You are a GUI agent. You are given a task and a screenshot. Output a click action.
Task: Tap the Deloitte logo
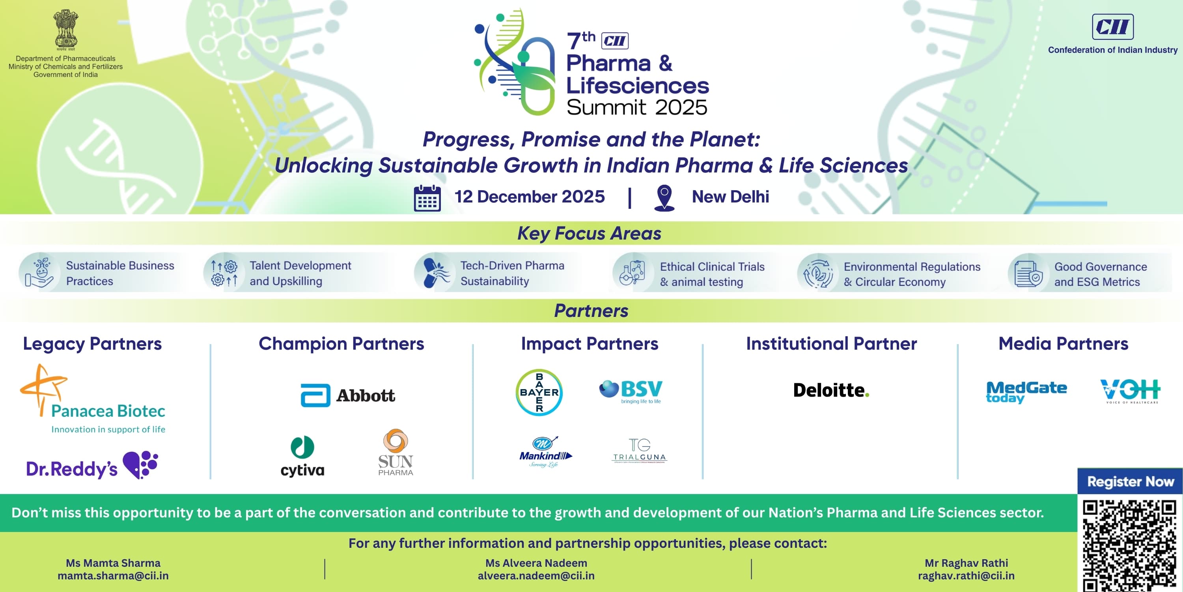pyautogui.click(x=831, y=390)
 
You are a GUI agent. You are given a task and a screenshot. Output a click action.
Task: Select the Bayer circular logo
pyautogui.click(x=539, y=392)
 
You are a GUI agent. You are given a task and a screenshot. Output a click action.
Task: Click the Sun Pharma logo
pyautogui.click(x=396, y=452)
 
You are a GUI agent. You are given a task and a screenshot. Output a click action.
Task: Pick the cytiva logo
pyautogui.click(x=302, y=456)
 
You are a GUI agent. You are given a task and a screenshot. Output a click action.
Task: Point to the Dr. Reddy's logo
pyautogui.click(x=92, y=466)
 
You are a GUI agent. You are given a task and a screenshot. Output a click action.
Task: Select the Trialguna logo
pyautogui.click(x=639, y=450)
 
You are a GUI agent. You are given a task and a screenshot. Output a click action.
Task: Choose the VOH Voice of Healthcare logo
pyautogui.click(x=1130, y=392)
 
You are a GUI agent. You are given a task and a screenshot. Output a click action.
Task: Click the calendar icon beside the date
pyautogui.click(x=427, y=199)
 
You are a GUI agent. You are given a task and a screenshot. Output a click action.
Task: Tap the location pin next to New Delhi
pyautogui.click(x=664, y=198)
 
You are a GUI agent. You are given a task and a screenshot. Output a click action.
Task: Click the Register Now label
pyautogui.click(x=1130, y=481)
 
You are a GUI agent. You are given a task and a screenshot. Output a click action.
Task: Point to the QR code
pyautogui.click(x=1130, y=545)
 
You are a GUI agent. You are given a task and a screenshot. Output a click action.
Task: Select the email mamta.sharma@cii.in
pyautogui.click(x=113, y=575)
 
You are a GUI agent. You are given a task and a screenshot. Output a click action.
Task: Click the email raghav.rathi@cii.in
pyautogui.click(x=966, y=575)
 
